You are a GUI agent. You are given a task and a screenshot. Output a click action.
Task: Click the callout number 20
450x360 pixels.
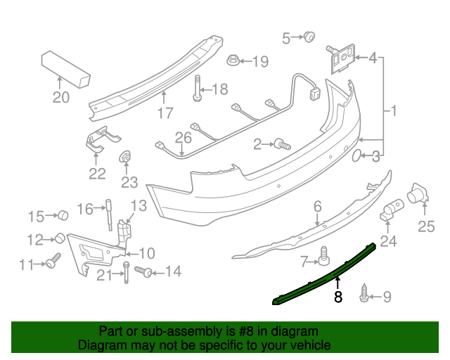[61, 98]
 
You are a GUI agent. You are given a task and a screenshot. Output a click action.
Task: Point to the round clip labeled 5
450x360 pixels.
[309, 37]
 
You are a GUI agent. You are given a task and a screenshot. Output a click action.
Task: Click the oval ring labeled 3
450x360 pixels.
[356, 155]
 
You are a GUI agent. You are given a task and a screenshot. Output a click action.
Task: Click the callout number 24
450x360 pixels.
[388, 242]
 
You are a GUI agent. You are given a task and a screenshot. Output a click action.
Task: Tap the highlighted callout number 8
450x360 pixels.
[338, 297]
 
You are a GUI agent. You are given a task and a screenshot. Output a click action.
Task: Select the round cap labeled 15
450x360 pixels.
[61, 214]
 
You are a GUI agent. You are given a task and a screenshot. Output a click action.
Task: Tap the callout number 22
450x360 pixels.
[97, 174]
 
